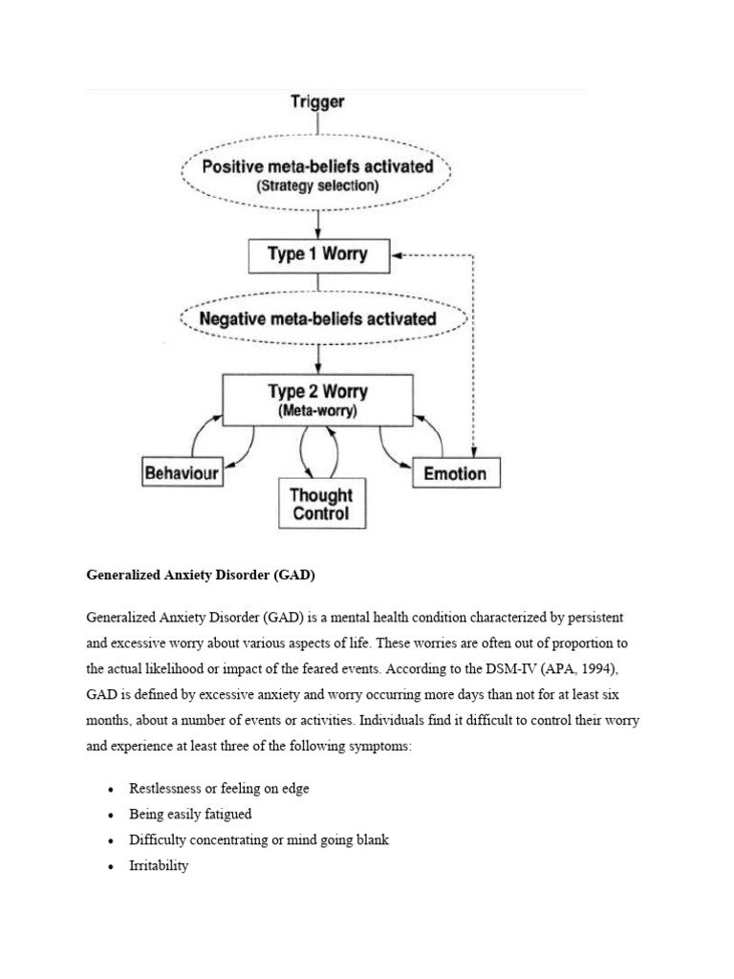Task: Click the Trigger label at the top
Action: point(317,101)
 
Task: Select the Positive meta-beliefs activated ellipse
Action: point(317,174)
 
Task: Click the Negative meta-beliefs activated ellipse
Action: point(317,318)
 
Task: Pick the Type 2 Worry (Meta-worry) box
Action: point(317,400)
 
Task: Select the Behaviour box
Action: point(182,472)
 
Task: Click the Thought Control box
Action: point(322,504)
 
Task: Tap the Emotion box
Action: point(456,473)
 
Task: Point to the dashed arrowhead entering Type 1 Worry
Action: point(399,255)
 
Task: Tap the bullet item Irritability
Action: point(160,865)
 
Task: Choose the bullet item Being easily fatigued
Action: point(190,815)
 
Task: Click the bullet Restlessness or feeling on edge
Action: point(220,789)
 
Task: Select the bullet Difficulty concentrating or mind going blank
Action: point(259,840)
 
